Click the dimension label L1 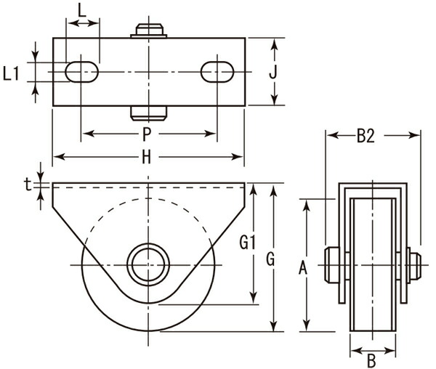coord(12,73)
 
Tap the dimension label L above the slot coord(82,12)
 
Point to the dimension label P coord(148,134)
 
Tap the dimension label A coord(304,269)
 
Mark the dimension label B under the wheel coord(371,359)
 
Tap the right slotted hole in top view coord(217,72)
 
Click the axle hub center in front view coord(148,264)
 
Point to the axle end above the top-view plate coord(148,31)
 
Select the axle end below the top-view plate coord(148,113)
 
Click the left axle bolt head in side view coord(331,264)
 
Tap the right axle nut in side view coord(414,264)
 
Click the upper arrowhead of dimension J coord(275,44)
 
